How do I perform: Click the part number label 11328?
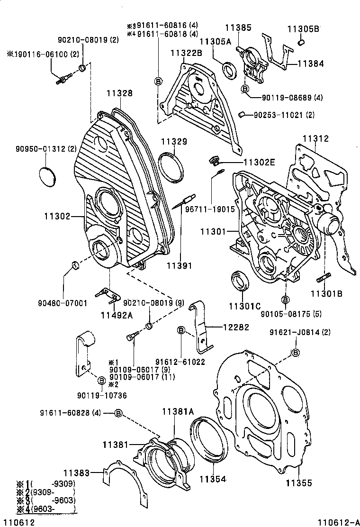[x=119, y=94]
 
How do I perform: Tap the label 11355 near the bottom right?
[x=299, y=483]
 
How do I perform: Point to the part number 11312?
[x=316, y=139]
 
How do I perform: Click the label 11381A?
[x=178, y=412]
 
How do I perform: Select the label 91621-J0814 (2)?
[x=300, y=332]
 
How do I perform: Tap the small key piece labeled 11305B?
[x=300, y=44]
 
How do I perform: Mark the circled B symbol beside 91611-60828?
[x=118, y=413]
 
